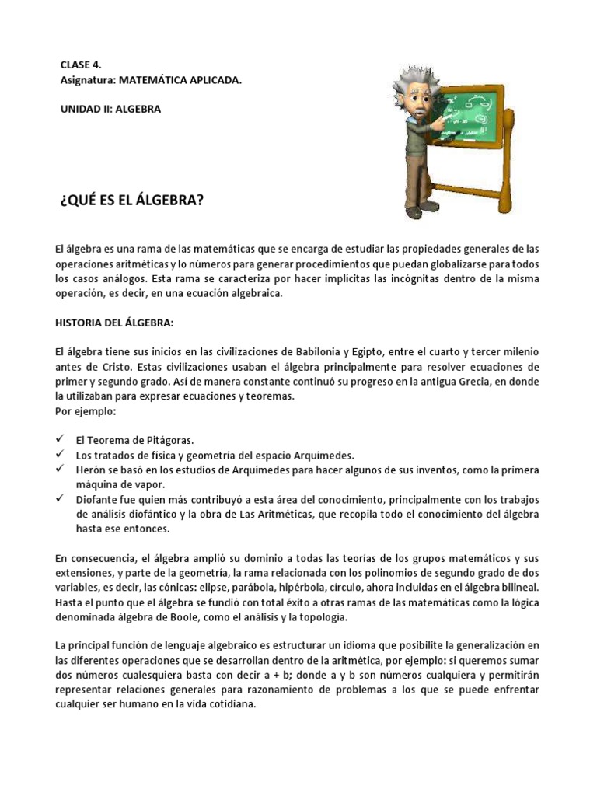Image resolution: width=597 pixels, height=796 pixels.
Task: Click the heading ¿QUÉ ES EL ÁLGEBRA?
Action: tap(131, 201)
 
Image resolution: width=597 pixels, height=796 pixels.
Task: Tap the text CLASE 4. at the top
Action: tap(81, 65)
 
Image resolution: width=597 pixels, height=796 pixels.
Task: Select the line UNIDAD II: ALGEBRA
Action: tap(110, 109)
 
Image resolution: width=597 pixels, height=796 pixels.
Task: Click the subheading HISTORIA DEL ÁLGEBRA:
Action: tap(115, 323)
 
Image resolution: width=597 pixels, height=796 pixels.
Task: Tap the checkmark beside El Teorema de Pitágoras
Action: tap(61, 439)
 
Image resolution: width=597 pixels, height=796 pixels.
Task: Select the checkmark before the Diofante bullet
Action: tap(61, 498)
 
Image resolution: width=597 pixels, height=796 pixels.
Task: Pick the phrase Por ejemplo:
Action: tap(85, 410)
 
